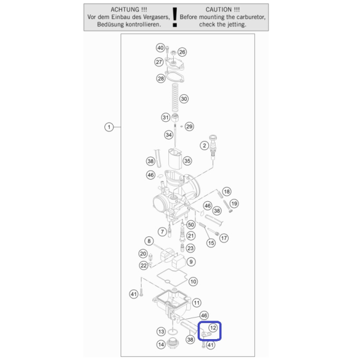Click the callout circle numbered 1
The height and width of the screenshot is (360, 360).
click(x=109, y=127)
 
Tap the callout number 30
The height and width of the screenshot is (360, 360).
click(x=184, y=99)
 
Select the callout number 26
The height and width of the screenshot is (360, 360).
click(x=182, y=52)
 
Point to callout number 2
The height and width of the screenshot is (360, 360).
click(x=204, y=146)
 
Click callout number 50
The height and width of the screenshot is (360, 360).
click(x=191, y=224)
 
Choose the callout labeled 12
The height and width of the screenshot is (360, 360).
click(x=213, y=328)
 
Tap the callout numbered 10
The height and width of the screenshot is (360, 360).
click(x=193, y=281)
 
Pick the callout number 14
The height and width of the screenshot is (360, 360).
click(x=161, y=344)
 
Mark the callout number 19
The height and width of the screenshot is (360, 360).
click(x=234, y=204)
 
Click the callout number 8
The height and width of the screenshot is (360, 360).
click(x=149, y=241)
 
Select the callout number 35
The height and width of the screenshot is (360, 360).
click(x=187, y=161)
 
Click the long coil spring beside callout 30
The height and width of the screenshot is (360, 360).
click(x=175, y=97)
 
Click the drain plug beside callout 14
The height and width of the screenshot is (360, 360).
click(x=173, y=343)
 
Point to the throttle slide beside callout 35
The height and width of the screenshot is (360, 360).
click(x=175, y=158)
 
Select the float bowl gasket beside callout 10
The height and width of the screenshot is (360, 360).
click(x=172, y=278)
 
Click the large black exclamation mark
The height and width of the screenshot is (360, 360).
click(x=175, y=17)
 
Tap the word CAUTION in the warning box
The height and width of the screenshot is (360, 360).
click(x=219, y=10)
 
